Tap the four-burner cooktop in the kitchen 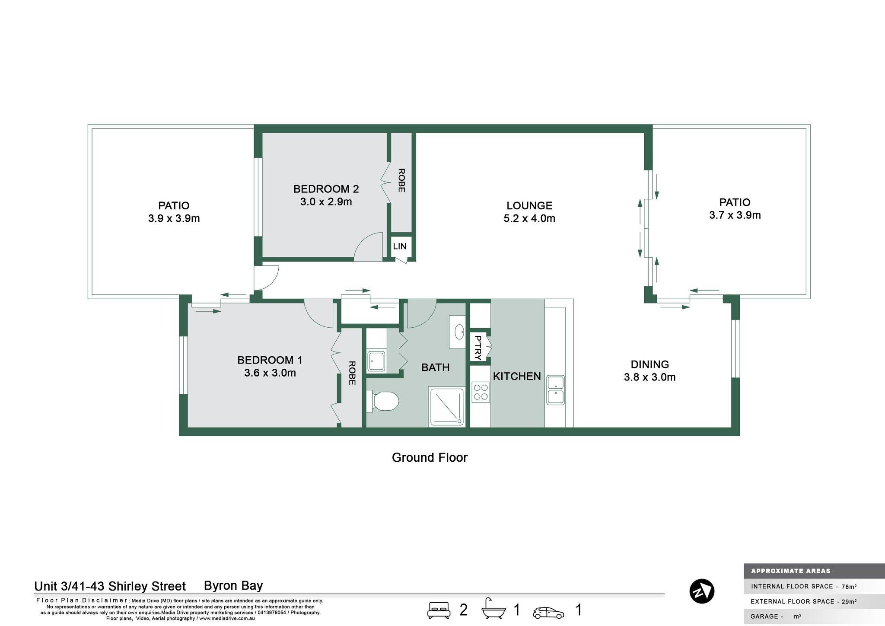[481, 392]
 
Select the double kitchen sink [555, 390]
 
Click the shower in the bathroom [446, 407]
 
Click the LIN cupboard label [400, 246]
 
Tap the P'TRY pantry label [478, 348]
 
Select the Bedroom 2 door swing [369, 247]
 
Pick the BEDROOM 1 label [270, 360]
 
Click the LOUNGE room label [529, 206]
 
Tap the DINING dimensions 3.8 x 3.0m [649, 377]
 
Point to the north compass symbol [702, 591]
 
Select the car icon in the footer [548, 613]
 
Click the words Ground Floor [430, 457]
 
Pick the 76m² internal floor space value [849, 587]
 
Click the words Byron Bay [233, 586]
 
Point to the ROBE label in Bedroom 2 [401, 180]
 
